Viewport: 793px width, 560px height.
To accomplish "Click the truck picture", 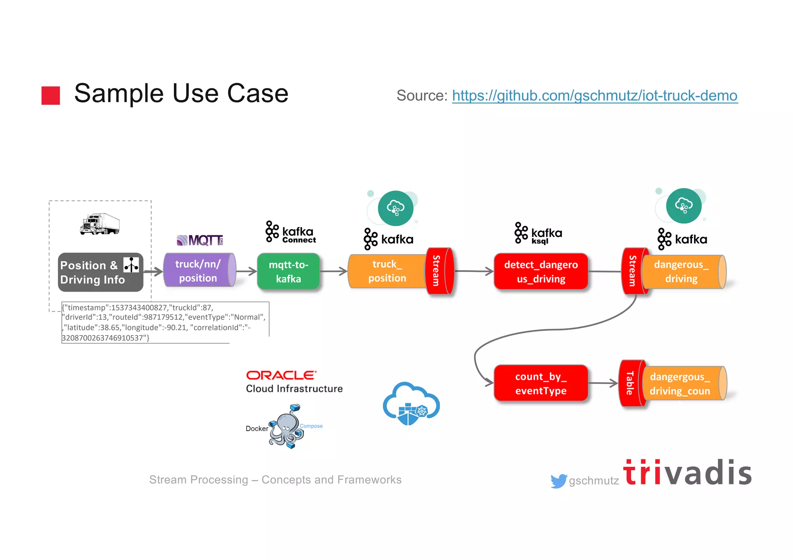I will click(x=100, y=224).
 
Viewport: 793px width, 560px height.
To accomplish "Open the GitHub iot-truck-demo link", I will click(x=595, y=96).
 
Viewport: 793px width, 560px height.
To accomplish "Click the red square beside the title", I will click(x=51, y=95).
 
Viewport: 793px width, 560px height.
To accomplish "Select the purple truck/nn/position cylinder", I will click(x=198, y=271).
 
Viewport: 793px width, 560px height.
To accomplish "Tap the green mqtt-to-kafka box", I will click(x=288, y=272).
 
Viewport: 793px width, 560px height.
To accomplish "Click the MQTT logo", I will click(x=200, y=240).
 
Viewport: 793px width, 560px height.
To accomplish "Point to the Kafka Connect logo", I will click(x=290, y=232).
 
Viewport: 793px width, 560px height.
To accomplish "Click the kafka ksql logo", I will click(x=538, y=233).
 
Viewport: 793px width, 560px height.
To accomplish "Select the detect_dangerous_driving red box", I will click(x=541, y=272).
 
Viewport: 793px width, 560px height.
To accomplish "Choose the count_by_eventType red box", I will click(x=541, y=383).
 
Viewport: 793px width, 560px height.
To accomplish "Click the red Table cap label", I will click(x=630, y=383).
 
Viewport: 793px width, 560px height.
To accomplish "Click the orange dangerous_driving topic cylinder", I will click(x=682, y=272).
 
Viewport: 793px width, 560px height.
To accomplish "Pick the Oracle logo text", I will click(x=281, y=375).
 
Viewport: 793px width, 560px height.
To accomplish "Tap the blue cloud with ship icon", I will click(x=411, y=404).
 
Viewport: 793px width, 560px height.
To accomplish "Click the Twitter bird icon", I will click(x=558, y=481).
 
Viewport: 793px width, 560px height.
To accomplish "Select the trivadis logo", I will click(x=687, y=473).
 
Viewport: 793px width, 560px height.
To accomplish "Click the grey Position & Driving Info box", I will click(x=100, y=272).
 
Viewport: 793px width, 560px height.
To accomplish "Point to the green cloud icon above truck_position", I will click(x=395, y=208).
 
